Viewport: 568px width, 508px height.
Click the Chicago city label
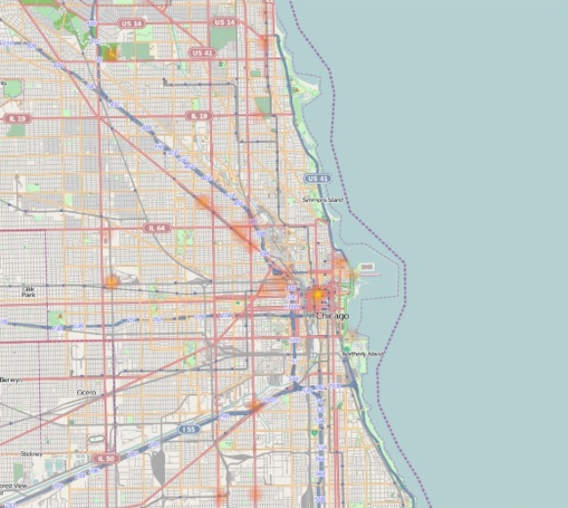click(x=333, y=316)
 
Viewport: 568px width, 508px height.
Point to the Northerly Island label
click(x=363, y=355)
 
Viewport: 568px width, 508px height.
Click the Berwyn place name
click(x=9, y=379)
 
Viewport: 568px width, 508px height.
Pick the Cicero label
click(x=86, y=391)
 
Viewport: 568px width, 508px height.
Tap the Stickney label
click(x=31, y=454)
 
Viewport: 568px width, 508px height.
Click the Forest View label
click(x=12, y=487)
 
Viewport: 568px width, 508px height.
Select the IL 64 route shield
click(x=157, y=228)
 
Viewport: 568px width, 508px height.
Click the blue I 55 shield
click(x=188, y=429)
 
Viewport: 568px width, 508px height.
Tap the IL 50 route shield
click(x=105, y=458)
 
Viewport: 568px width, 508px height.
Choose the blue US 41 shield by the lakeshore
click(x=318, y=178)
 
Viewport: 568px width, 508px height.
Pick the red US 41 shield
click(x=202, y=52)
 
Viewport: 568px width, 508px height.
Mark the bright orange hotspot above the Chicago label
click(x=317, y=293)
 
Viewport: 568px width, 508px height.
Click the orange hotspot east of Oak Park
click(x=111, y=282)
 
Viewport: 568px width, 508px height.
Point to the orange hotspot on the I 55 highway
click(x=255, y=405)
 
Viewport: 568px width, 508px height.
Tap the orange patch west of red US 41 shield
click(x=110, y=53)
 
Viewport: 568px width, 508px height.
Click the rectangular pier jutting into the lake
click(x=367, y=265)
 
